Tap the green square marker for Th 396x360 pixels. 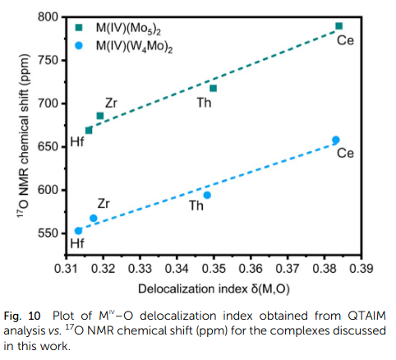[213, 88]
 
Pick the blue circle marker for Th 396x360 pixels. [207, 195]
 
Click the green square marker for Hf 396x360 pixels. [89, 131]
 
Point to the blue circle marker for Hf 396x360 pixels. [79, 231]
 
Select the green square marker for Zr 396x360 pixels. [100, 116]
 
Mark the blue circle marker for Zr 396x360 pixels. [94, 219]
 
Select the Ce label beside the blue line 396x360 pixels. [345, 154]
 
